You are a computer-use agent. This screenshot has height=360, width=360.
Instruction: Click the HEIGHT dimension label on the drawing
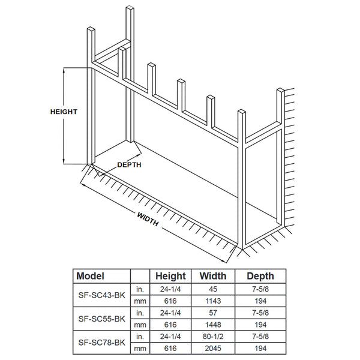coord(64,112)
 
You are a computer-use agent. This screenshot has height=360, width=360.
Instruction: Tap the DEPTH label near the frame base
coord(129,164)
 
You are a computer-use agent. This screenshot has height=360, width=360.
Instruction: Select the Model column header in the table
coord(91,276)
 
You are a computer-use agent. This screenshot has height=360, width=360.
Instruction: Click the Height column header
coord(170,276)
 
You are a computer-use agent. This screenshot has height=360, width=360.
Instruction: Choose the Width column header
coord(212,276)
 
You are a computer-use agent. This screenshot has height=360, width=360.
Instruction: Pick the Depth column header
coord(260,276)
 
